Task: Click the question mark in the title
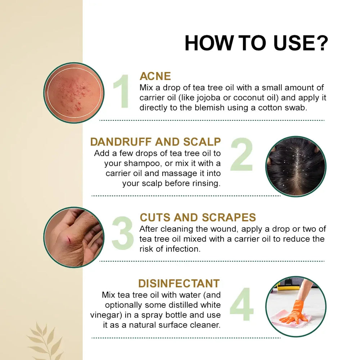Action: [320, 43]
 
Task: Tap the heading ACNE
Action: [155, 76]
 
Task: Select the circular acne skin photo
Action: [74, 93]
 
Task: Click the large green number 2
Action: [242, 154]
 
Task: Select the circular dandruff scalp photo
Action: [296, 166]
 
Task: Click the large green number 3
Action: [123, 233]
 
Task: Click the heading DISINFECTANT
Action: [179, 284]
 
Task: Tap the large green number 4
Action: [242, 304]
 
